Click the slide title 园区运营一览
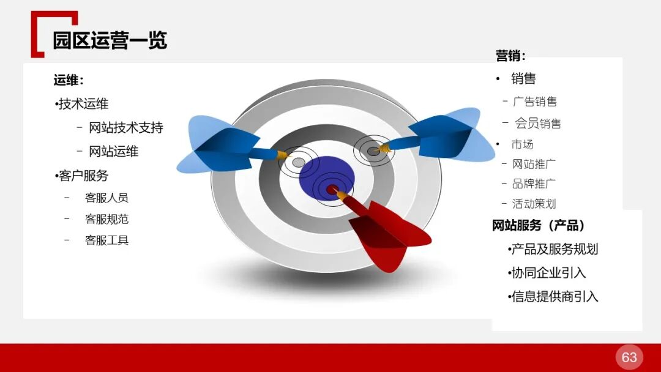[x=110, y=40]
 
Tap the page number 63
[x=629, y=357]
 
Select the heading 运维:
[x=69, y=80]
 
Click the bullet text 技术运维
[x=83, y=104]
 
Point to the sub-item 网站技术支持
[x=126, y=128]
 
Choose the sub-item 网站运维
[x=114, y=151]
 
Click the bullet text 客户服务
[x=83, y=176]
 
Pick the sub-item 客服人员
[x=106, y=198]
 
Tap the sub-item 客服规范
[x=106, y=219]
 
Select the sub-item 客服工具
[x=106, y=240]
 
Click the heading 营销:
[x=510, y=56]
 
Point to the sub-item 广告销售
[x=535, y=102]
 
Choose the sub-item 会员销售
[x=538, y=124]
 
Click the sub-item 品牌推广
[x=534, y=184]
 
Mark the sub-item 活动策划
[x=534, y=204]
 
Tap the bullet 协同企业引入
[x=548, y=273]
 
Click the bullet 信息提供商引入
[x=555, y=297]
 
